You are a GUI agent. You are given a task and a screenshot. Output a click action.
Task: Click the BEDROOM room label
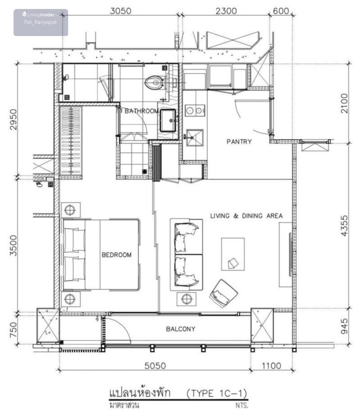coord(117,255)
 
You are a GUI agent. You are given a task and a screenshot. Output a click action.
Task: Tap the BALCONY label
coord(181,329)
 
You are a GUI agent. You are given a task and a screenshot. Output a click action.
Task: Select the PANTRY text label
coord(239,142)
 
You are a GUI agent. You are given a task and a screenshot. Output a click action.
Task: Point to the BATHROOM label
coord(142,111)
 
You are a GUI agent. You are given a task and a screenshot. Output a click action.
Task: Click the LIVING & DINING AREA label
coord(246,216)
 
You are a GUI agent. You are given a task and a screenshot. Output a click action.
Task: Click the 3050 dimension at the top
coord(121,11)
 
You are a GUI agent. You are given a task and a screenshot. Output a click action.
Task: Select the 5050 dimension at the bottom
coord(155,366)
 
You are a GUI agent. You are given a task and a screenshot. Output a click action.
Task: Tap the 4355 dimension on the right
coord(344,226)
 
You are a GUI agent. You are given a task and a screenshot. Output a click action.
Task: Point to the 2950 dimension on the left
coord(13,120)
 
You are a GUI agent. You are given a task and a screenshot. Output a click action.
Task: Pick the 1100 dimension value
coord(271,366)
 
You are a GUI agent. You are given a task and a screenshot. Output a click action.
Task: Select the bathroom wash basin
coord(168,120)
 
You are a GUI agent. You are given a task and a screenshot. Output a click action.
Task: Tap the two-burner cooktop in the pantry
coord(195,111)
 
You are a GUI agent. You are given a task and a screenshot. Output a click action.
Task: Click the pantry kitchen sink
coord(195,138)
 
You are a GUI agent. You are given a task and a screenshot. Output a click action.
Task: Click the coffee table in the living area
coord(233,254)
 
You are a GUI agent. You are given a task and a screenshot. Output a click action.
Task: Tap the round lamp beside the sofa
coord(187,299)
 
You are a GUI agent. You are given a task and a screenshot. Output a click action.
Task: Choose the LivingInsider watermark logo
coord(41,15)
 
